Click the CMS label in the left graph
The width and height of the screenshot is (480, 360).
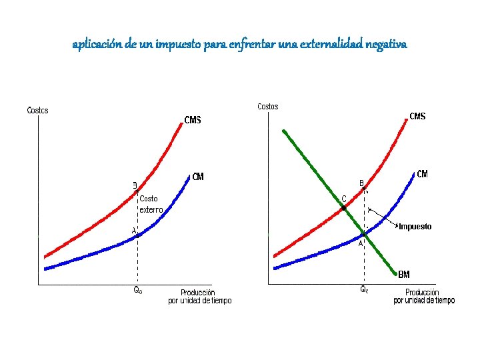(192, 120)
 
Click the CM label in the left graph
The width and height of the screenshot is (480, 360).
(198, 177)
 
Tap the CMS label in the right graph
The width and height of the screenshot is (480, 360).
(417, 117)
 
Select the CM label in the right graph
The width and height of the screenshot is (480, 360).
(422, 174)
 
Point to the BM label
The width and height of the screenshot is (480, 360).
(404, 274)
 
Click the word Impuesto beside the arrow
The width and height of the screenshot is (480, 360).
(415, 227)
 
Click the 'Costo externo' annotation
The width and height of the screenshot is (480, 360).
(150, 204)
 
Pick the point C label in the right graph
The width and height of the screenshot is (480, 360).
(344, 198)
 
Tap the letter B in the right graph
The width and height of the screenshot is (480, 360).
(361, 183)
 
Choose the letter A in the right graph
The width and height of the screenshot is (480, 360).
(361, 244)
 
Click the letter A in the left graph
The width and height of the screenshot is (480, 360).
(134, 231)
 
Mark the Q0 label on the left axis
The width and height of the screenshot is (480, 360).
(138, 291)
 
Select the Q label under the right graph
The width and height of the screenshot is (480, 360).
(364, 290)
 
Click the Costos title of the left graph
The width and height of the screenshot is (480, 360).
(37, 110)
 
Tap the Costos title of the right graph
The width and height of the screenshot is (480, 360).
(267, 107)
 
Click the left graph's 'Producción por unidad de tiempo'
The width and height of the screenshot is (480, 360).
(199, 297)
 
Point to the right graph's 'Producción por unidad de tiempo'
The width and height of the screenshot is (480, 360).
(423, 297)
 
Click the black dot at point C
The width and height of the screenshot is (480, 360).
(344, 209)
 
